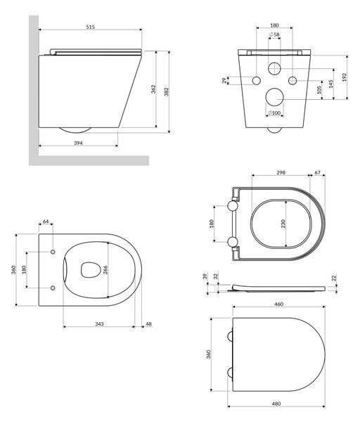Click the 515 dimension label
pos(91,27)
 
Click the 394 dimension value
pos(78,143)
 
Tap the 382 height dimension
pos(167,91)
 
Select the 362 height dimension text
pos(153,89)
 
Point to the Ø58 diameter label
pos(274,34)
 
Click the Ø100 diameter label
pos(274,113)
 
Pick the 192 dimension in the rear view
pos(345,77)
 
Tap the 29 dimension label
pos(224,80)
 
